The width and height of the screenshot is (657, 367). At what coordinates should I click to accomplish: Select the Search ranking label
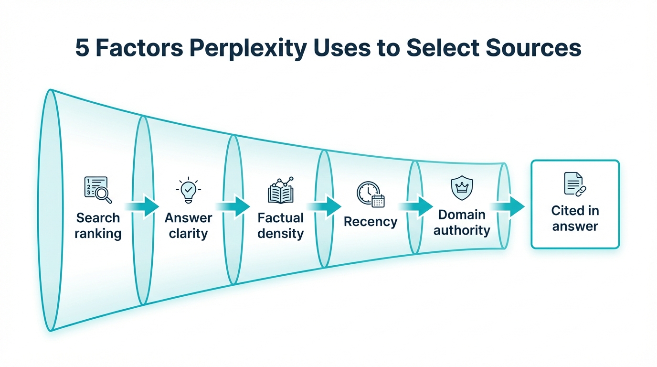98,226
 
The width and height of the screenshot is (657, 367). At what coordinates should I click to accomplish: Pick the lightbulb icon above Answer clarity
188,190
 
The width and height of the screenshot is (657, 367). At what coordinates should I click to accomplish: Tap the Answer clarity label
188,226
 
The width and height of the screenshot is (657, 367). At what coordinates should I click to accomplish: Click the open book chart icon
281,190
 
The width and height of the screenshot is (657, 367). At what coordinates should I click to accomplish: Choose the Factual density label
281,226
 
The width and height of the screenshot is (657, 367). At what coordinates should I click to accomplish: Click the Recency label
371,222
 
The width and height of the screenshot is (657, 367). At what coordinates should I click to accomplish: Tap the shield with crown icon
462,188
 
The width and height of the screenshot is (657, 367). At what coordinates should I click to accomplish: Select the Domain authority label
462,222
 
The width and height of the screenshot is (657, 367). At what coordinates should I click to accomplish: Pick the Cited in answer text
575,218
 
